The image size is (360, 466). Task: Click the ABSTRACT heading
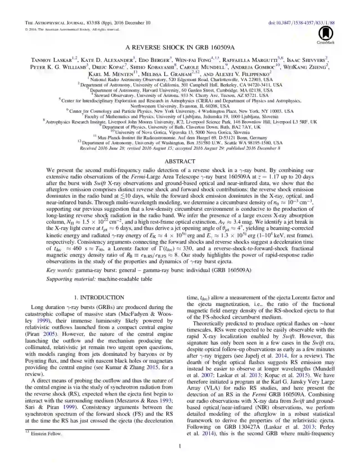point(180,161)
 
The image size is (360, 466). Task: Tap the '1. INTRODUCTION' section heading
point(99,297)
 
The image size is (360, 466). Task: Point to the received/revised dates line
point(180,148)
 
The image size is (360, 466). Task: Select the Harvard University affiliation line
point(180,90)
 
